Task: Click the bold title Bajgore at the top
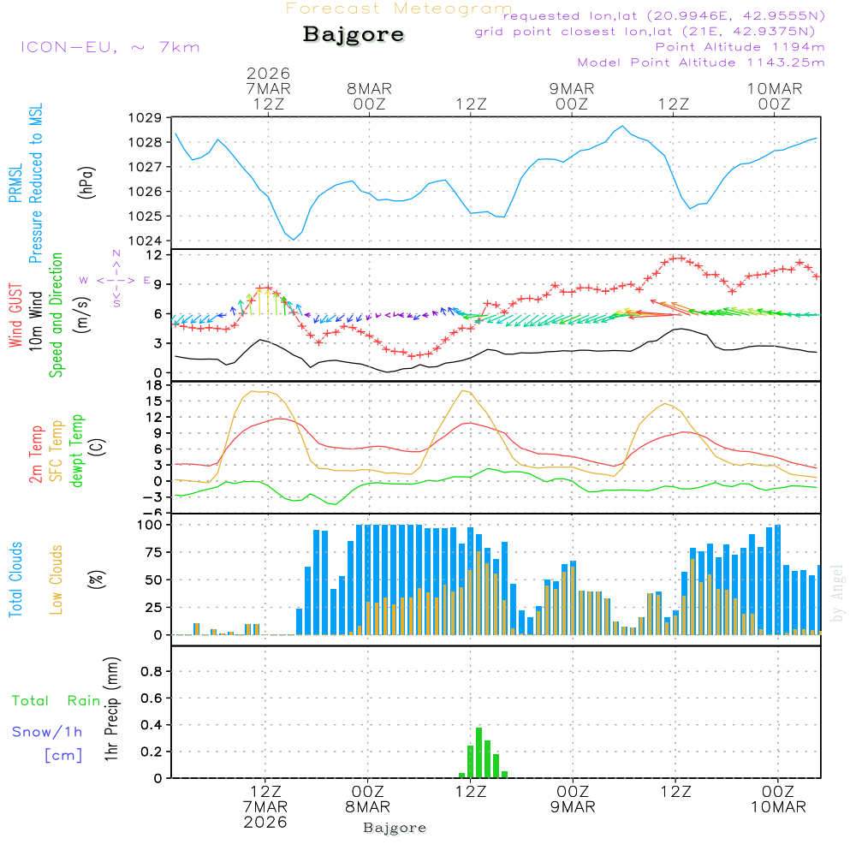click(x=354, y=35)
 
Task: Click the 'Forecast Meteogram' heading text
click(x=399, y=9)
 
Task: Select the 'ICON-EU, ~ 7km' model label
click(x=110, y=46)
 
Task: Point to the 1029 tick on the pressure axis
click(x=144, y=117)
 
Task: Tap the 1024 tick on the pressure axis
click(x=144, y=241)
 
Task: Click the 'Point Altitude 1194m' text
click(x=740, y=46)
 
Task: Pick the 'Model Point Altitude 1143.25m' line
click(x=701, y=62)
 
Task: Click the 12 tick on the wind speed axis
click(x=153, y=255)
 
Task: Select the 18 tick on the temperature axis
click(x=153, y=385)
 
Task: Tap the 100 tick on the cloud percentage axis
click(x=149, y=524)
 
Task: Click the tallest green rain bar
click(x=479, y=752)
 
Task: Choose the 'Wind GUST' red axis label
click(x=15, y=317)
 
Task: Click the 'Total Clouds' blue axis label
click(x=15, y=580)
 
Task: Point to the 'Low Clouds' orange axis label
click(x=56, y=580)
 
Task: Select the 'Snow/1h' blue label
click(x=47, y=732)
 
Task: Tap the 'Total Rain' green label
click(x=56, y=700)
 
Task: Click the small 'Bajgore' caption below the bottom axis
click(x=395, y=828)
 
